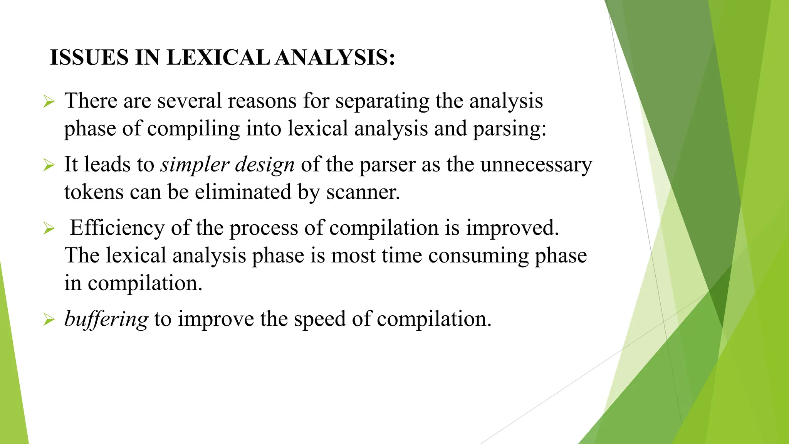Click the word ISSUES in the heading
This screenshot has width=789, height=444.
89,58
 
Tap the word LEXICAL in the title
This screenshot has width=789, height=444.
218,58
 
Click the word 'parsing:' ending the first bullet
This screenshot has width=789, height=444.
509,129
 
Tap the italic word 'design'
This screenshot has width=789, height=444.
265,165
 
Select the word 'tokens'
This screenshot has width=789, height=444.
94,192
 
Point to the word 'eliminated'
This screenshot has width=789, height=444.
243,192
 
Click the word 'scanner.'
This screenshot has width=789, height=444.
363,192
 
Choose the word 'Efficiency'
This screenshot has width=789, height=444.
117,228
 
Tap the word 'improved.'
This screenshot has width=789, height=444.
512,228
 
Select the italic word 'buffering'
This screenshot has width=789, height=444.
106,320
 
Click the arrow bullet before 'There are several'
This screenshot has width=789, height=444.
49,102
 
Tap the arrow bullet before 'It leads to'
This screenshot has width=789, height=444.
49,165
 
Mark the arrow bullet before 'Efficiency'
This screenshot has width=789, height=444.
49,228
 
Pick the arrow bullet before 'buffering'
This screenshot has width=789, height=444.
49,320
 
